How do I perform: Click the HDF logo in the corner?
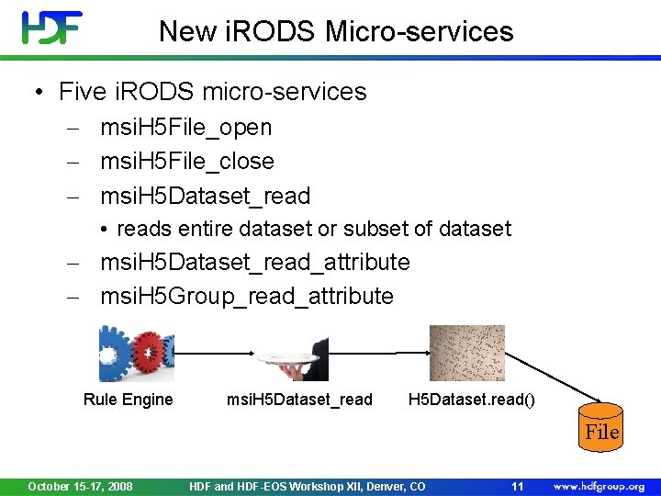52,28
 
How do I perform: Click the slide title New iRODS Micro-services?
336,31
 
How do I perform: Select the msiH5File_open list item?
185,127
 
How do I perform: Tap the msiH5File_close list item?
186,161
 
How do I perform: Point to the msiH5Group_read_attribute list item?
246,296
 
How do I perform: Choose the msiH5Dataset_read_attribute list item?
254,262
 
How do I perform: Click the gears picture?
136,353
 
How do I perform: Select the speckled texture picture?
466,353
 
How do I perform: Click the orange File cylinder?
601,427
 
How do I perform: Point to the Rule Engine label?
128,399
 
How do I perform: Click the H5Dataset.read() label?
472,399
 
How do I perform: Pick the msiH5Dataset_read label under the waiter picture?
299,399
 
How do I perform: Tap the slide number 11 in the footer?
517,486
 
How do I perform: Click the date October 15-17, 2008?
80,486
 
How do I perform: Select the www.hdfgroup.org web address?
598,486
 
